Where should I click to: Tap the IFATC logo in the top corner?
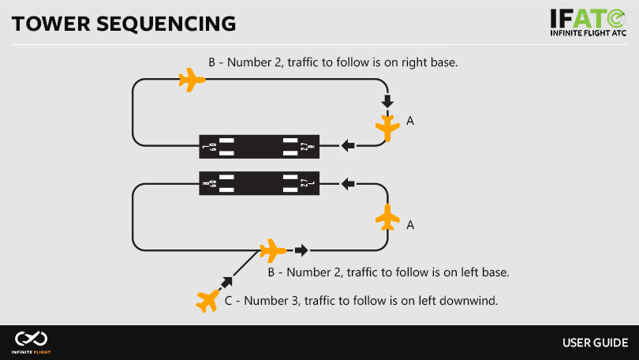click(589, 23)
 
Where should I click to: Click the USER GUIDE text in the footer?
click(595, 343)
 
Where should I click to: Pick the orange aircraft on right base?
click(387, 126)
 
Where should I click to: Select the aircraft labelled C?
click(207, 300)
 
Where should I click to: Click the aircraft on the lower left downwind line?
click(272, 250)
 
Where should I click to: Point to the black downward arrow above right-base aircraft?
click(387, 101)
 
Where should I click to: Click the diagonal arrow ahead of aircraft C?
click(229, 280)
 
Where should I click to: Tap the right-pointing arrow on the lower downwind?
click(301, 250)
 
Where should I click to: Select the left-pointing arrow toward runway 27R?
click(348, 145)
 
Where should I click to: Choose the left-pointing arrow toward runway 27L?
click(348, 184)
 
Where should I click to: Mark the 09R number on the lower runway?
click(208, 184)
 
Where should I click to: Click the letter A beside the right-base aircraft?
click(409, 121)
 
